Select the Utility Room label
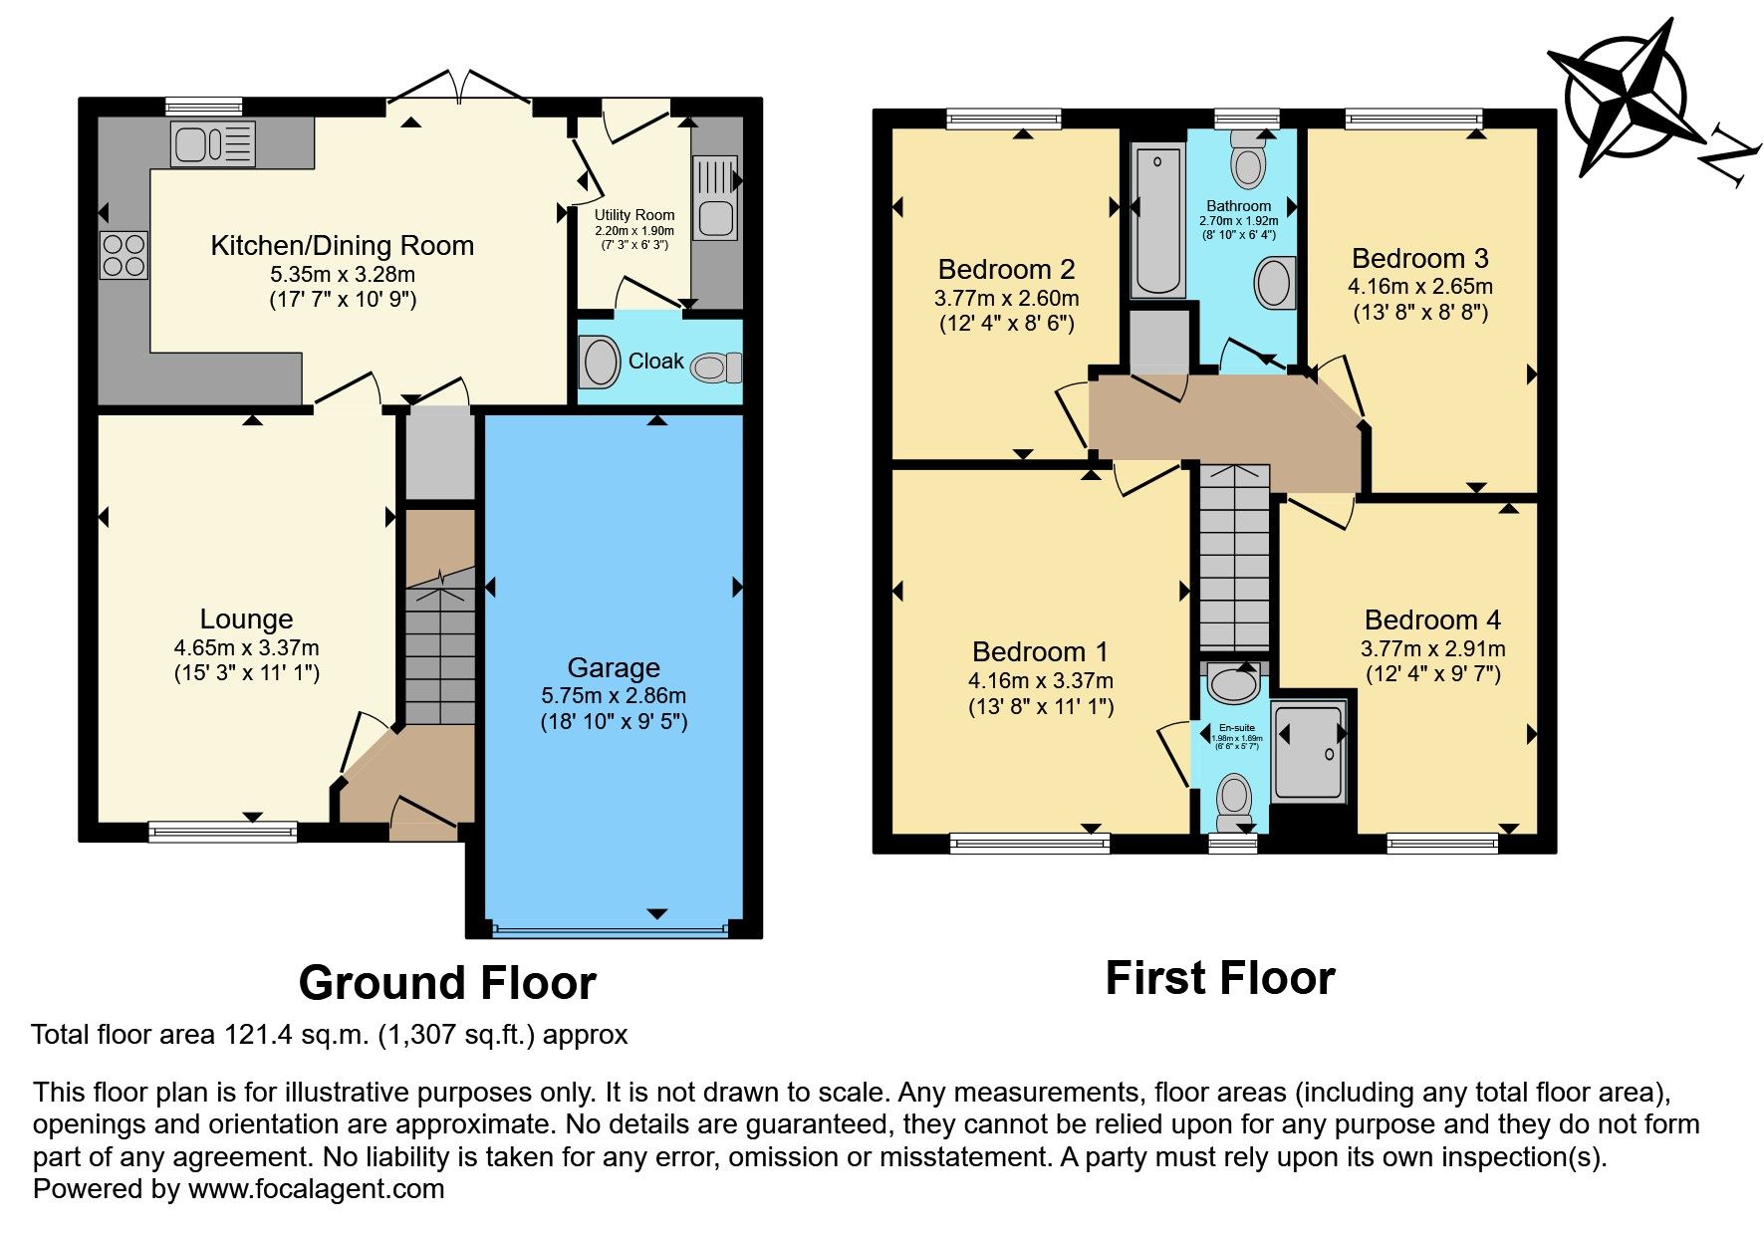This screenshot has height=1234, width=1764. click(x=633, y=215)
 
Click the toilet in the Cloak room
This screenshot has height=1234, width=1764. click(x=715, y=367)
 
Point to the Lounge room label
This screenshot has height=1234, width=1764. click(x=246, y=618)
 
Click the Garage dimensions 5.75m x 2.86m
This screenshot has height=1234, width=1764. click(x=614, y=695)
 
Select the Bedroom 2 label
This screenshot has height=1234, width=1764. click(x=1006, y=269)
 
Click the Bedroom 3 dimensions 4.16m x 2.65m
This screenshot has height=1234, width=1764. click(x=1419, y=286)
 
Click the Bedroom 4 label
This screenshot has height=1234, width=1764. click(x=1431, y=619)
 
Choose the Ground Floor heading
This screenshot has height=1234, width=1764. click(x=447, y=983)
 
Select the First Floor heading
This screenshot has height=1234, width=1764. click(x=1219, y=977)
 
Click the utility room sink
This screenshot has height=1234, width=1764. click(x=714, y=218)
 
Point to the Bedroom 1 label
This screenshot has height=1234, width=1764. click(x=1039, y=651)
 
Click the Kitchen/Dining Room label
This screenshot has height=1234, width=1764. click(x=342, y=245)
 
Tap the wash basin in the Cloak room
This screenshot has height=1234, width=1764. click(x=602, y=362)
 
